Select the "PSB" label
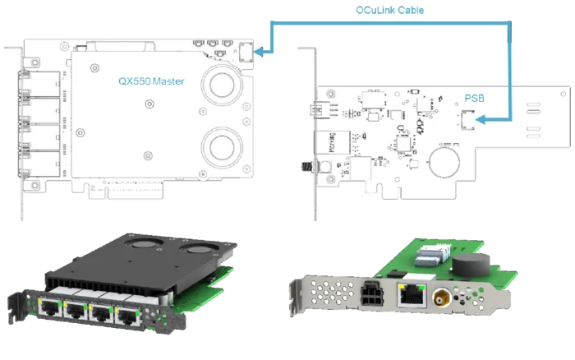(474, 98)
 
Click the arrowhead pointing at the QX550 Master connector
(259, 51)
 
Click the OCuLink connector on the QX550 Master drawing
(245, 51)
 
